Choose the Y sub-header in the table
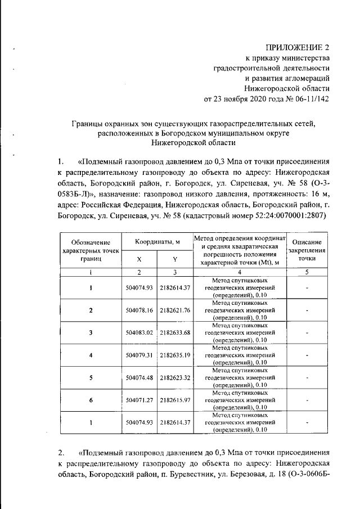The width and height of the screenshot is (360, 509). (175, 259)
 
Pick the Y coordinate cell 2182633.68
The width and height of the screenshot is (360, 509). (175, 332)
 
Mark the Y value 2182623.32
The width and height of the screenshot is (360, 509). (175, 377)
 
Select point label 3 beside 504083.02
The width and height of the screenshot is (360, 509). (91, 332)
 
